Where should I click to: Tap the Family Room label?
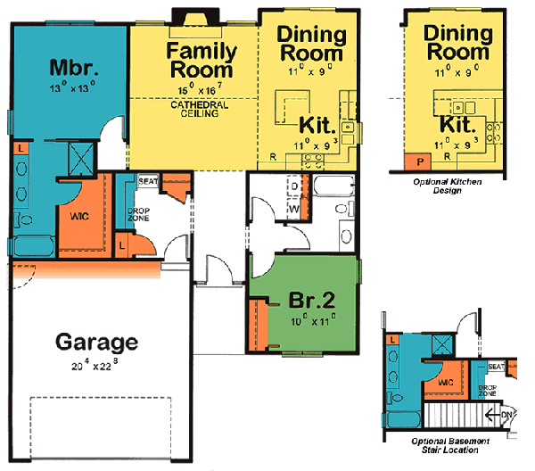(x=202, y=60)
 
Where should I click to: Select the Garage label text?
(x=96, y=342)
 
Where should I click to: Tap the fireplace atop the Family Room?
(x=194, y=19)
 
